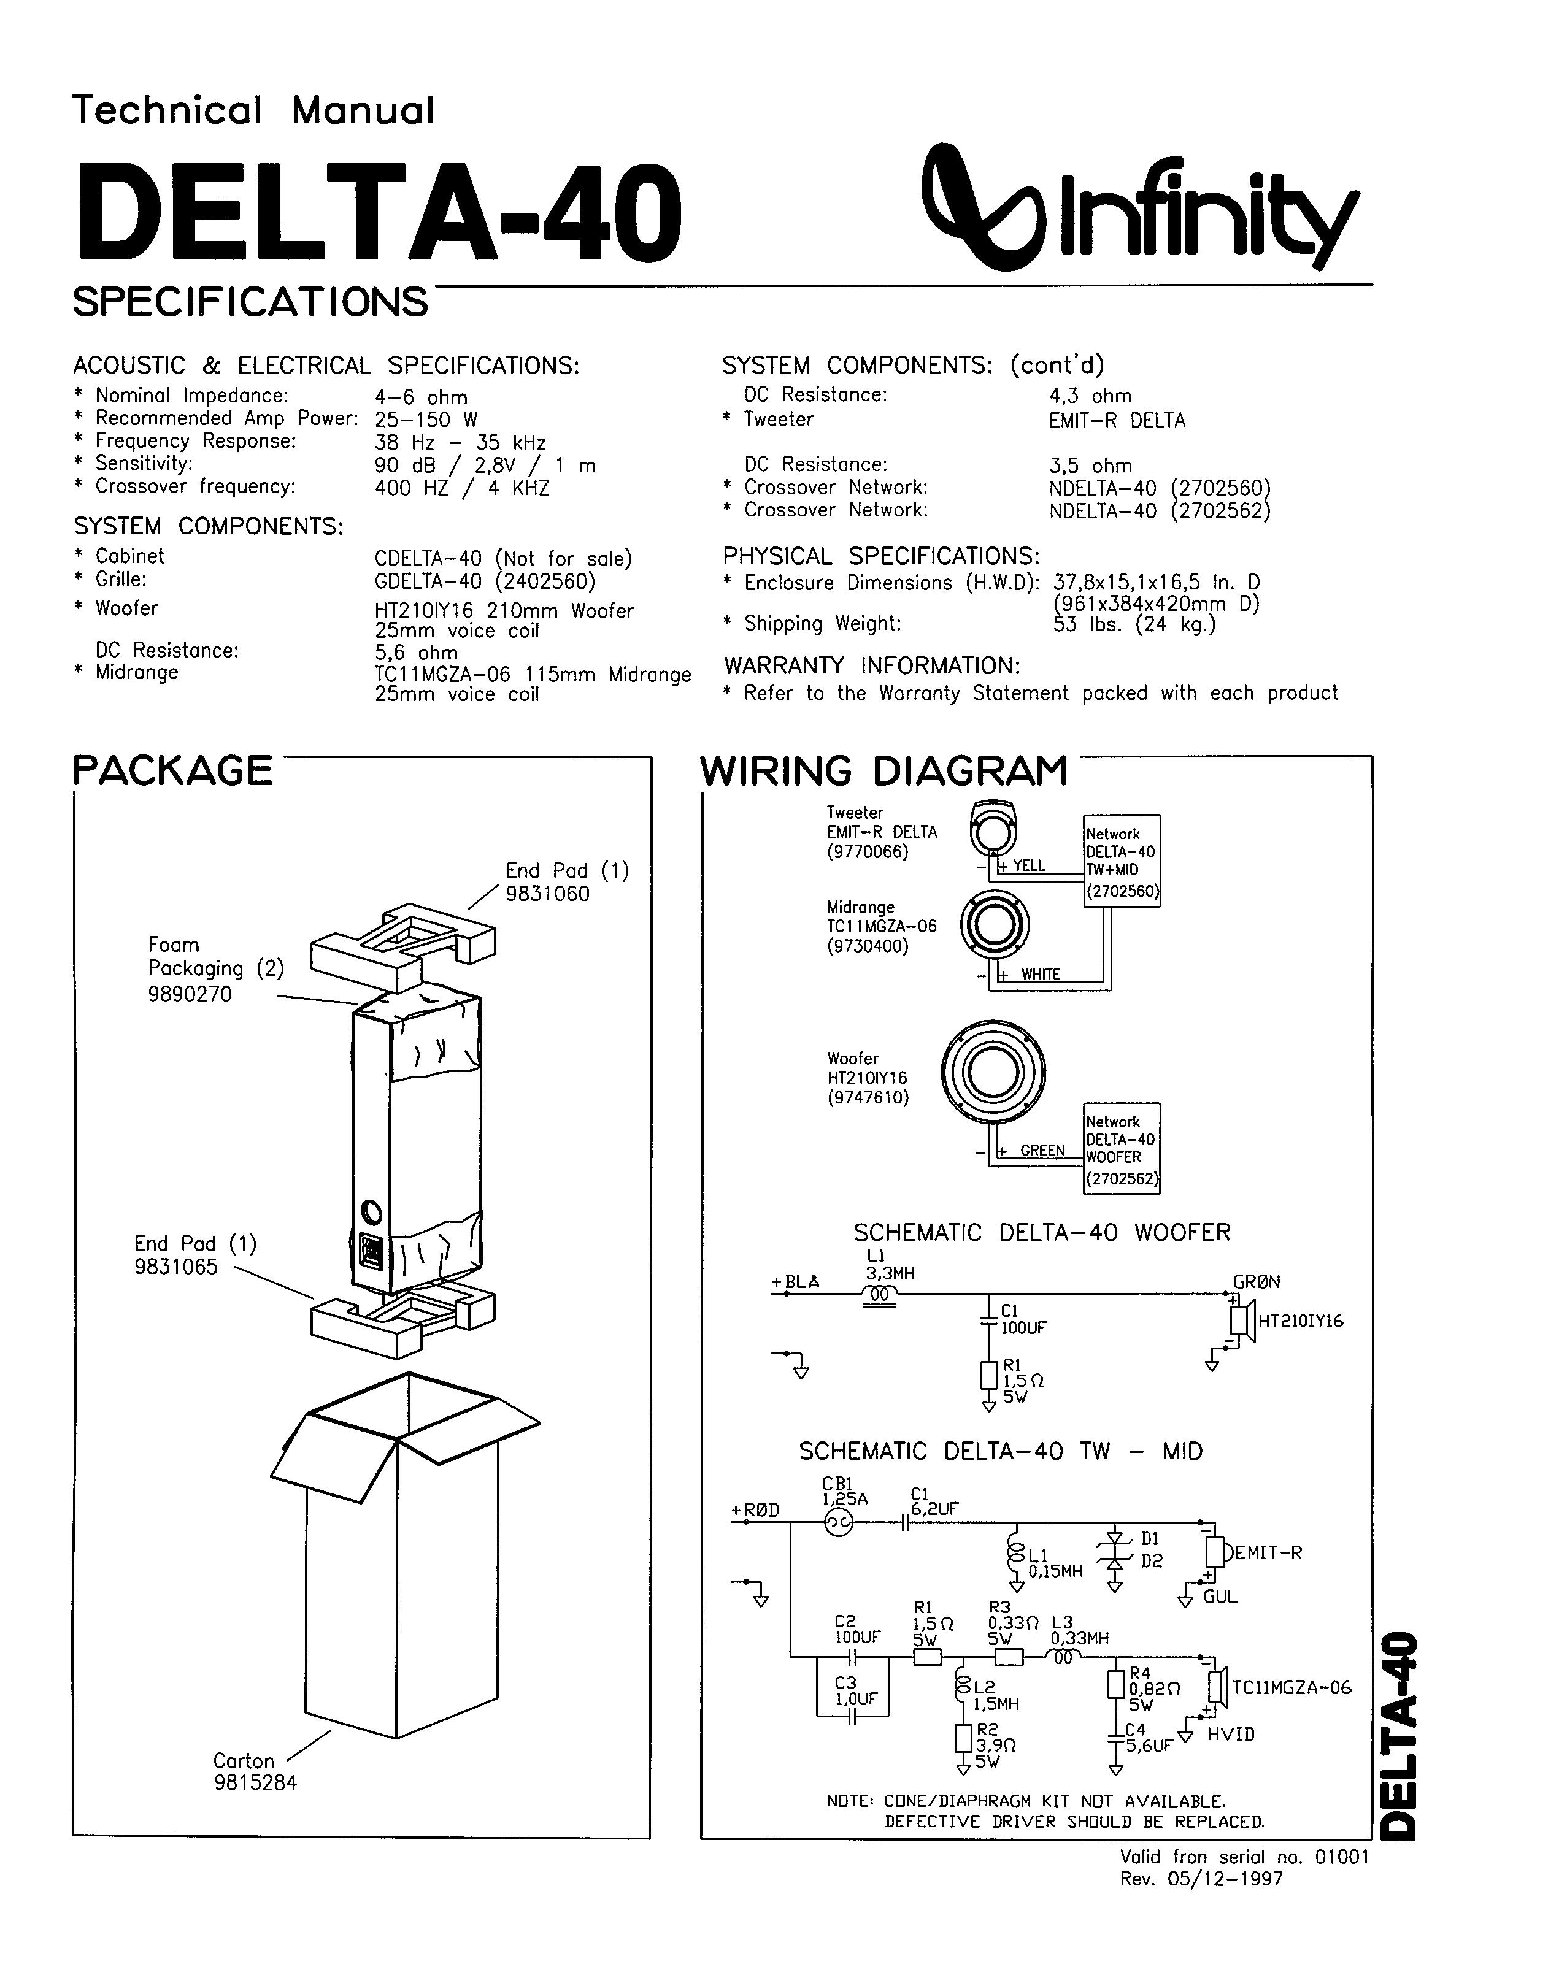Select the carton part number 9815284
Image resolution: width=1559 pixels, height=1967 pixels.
[x=256, y=1783]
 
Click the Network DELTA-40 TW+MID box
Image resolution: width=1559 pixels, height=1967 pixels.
[x=1121, y=861]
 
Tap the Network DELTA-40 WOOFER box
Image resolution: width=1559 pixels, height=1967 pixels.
[x=1121, y=1149]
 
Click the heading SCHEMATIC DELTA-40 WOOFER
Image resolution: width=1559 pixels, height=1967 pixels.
[x=1041, y=1233]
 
